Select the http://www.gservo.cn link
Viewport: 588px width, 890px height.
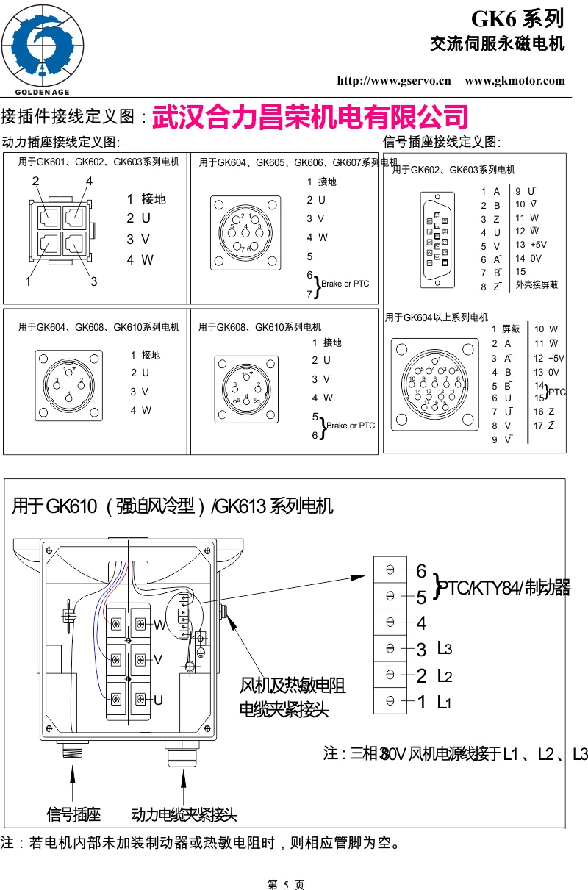click(x=393, y=81)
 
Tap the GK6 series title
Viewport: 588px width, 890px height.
click(x=517, y=18)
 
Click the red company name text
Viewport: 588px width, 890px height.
click(x=310, y=117)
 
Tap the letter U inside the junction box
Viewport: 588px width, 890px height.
click(x=158, y=700)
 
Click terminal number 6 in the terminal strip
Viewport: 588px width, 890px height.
click(x=421, y=571)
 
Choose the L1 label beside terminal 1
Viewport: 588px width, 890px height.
click(x=443, y=703)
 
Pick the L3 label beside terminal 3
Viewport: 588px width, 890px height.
click(x=443, y=649)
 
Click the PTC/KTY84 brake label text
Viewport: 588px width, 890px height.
click(x=504, y=588)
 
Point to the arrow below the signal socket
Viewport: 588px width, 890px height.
click(x=73, y=780)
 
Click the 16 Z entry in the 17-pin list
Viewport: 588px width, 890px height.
click(x=544, y=412)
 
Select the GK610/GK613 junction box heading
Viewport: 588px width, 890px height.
click(x=173, y=506)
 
